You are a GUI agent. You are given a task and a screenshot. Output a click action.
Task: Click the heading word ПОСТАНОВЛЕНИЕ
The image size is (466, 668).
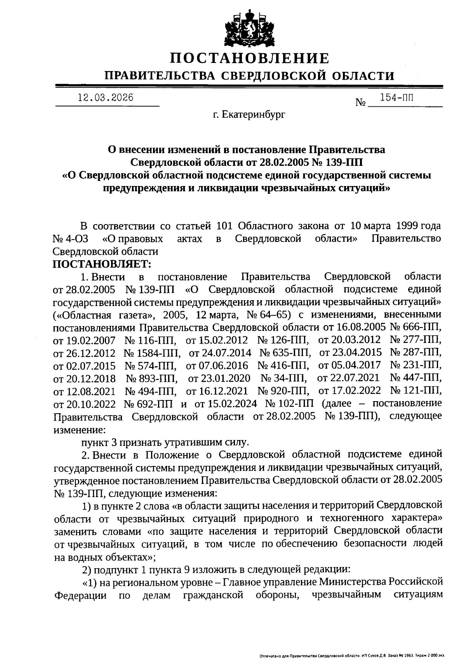[250, 58]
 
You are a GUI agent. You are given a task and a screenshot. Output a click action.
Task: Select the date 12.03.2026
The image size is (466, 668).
[105, 98]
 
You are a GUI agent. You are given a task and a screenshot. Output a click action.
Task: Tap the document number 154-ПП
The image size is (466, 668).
[396, 98]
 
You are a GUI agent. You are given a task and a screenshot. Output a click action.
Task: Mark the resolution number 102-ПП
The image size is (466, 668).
[295, 403]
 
